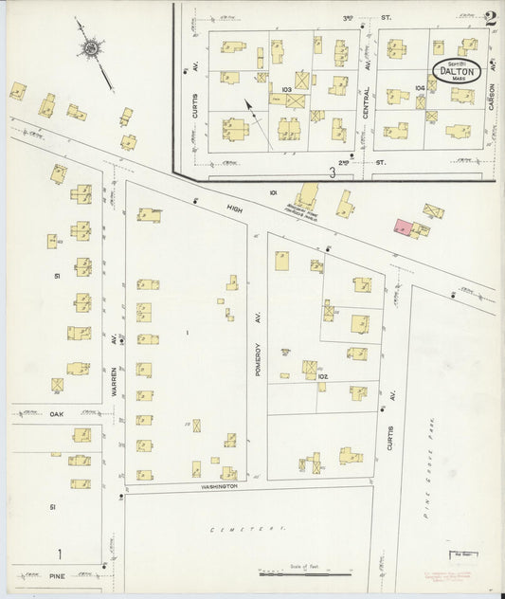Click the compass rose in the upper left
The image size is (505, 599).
92,46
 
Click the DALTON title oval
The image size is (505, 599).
459,71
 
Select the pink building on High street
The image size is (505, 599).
402,227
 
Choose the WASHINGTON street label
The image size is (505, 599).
218,485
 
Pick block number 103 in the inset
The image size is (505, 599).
285,87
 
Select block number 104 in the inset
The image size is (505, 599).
420,86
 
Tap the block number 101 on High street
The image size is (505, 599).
273,192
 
